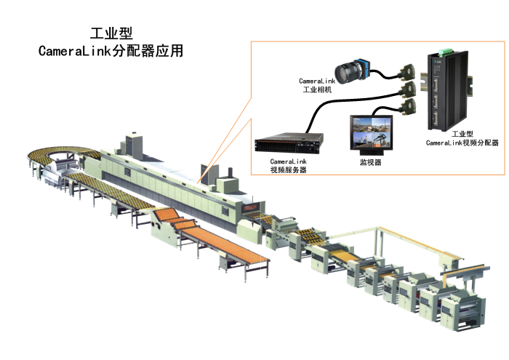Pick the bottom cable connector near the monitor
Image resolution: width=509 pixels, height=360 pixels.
[x=409, y=106]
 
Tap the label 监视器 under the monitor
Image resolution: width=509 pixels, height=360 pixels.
[x=370, y=162]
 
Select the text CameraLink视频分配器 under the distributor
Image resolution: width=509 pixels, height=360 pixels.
[x=462, y=143]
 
